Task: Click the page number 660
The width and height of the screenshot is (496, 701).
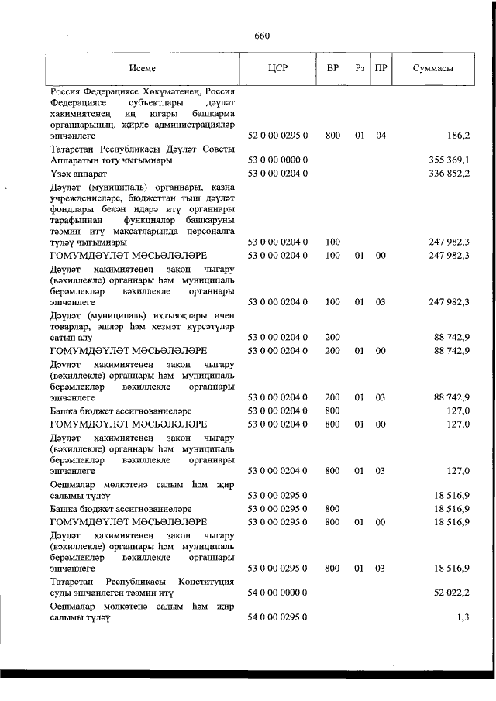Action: point(261,36)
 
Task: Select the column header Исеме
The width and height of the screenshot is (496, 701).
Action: point(143,68)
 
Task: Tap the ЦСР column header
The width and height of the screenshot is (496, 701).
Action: point(277,68)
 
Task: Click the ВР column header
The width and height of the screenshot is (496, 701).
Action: point(332,68)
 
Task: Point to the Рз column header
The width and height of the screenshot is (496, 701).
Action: point(360,68)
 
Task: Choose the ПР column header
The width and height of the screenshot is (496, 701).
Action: point(381,68)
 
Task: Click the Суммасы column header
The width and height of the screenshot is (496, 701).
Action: point(432,68)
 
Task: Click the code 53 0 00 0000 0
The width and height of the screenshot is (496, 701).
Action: point(277,160)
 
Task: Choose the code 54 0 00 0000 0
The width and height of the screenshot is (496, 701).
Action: point(277,593)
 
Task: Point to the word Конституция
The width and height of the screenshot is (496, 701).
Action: point(206,581)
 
